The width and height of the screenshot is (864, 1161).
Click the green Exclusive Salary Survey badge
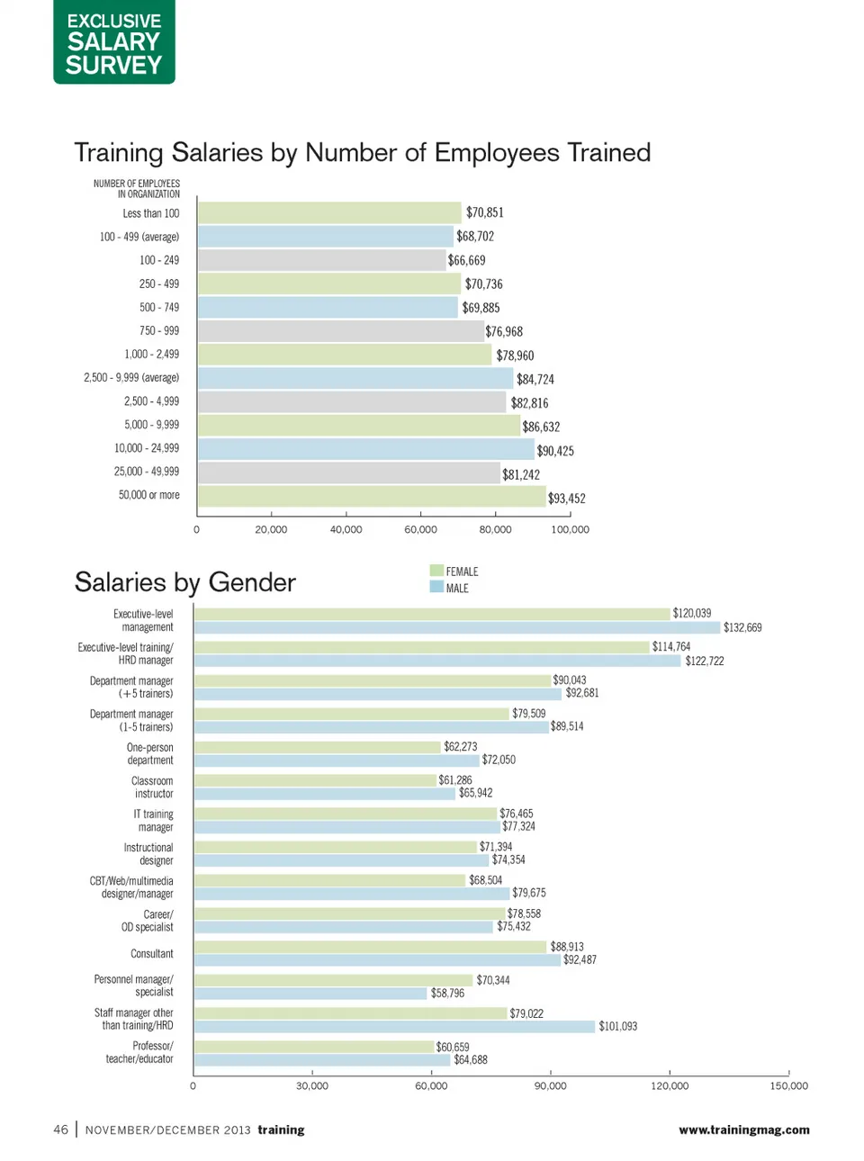[113, 42]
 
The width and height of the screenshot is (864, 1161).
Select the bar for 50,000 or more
[372, 496]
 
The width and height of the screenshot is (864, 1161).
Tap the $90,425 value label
[555, 451]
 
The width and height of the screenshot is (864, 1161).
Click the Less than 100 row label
[151, 213]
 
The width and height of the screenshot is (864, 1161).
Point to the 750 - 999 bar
[340, 331]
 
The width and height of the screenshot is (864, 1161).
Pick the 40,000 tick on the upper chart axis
[346, 529]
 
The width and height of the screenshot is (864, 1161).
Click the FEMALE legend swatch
[436, 571]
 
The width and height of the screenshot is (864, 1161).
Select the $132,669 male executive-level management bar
[457, 627]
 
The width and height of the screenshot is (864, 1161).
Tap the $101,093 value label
[617, 1026]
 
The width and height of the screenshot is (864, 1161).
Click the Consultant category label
[152, 953]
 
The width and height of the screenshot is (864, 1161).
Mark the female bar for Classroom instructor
[315, 780]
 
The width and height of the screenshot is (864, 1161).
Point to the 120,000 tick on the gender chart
[670, 1085]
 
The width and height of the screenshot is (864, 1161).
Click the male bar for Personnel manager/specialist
[310, 993]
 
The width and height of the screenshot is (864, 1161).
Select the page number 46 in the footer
[60, 1129]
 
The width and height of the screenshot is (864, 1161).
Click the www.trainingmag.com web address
[743, 1129]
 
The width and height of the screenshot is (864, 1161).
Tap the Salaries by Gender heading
[184, 582]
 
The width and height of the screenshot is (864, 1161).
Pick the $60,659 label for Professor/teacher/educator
[452, 1047]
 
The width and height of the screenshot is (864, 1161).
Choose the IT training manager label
[155, 820]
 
